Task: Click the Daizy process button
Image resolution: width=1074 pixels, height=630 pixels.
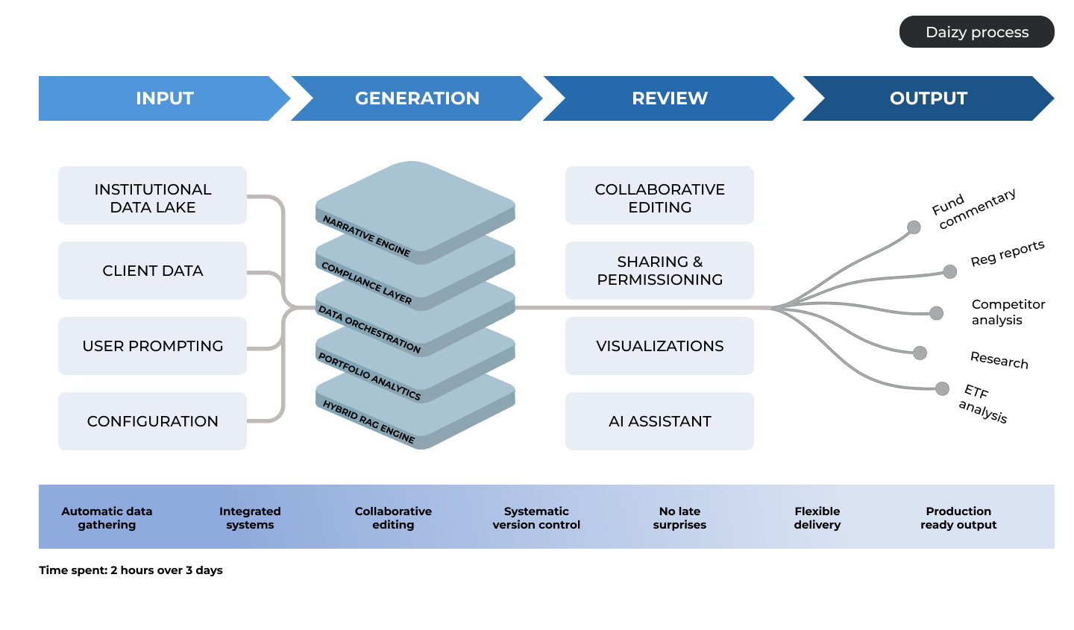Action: (976, 32)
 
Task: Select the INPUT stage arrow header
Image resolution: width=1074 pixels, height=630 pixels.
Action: (164, 98)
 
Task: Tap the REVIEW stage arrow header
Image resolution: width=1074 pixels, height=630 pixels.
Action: (669, 98)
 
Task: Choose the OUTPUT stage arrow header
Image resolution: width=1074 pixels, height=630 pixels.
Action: (928, 98)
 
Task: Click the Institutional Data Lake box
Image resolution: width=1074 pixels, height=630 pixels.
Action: (152, 195)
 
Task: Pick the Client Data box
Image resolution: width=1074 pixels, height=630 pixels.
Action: (152, 271)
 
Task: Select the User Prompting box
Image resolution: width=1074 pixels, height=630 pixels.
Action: (152, 346)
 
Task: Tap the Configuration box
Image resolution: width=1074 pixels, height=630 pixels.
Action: (152, 421)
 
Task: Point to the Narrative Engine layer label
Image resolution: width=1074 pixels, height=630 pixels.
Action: (366, 236)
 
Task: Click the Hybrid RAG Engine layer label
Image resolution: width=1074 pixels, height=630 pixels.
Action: (368, 422)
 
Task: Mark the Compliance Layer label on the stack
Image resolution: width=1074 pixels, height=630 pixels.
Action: (366, 283)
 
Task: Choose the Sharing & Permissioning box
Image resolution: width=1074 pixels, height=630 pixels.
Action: (659, 271)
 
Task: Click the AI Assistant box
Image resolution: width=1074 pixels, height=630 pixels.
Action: (659, 421)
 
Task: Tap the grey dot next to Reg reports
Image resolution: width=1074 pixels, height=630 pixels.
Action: (949, 271)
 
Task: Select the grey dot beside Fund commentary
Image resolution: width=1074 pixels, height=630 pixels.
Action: (914, 227)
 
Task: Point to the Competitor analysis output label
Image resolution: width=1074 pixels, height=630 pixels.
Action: (1007, 312)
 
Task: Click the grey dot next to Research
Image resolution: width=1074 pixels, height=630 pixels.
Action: (920, 353)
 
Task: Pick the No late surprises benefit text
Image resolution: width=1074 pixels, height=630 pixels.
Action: (679, 518)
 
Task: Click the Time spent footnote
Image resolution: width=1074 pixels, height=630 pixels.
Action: (131, 570)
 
